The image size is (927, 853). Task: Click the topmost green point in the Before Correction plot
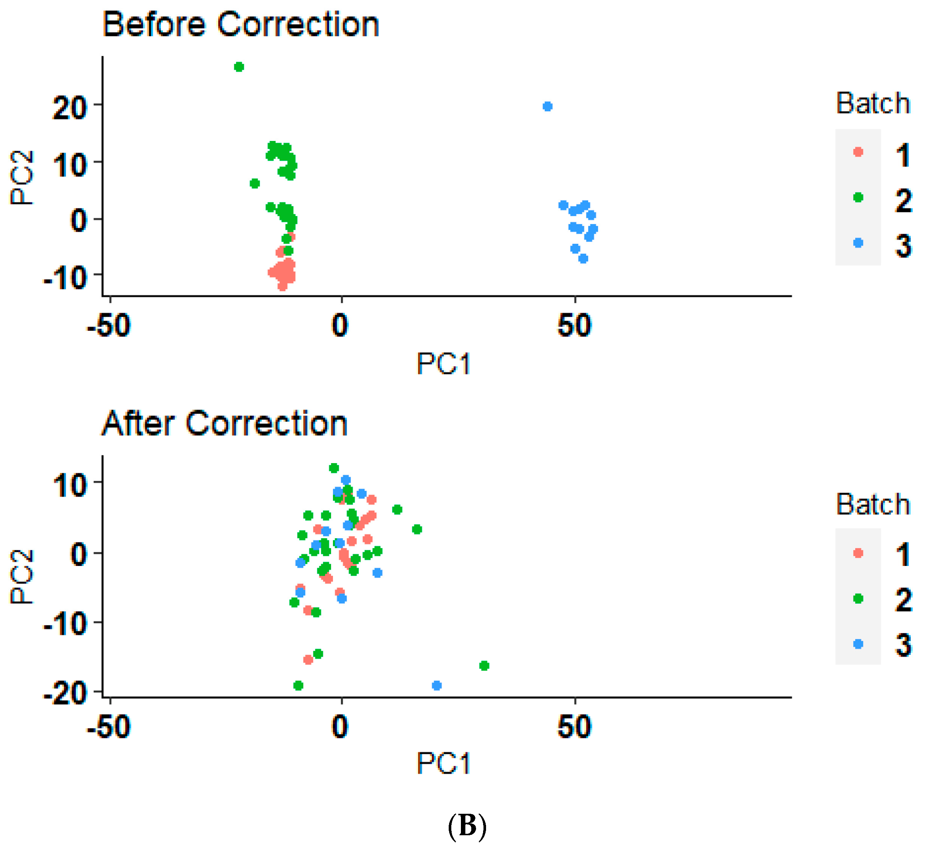tap(239, 67)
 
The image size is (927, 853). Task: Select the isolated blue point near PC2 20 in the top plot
tap(547, 107)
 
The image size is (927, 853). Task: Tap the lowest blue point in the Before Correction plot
tap(583, 259)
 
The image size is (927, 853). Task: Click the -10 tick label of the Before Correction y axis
tap(65, 278)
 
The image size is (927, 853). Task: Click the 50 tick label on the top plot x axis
tap(574, 326)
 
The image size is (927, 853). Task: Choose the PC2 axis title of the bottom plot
tap(22, 577)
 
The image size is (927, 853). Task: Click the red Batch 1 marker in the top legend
tap(858, 152)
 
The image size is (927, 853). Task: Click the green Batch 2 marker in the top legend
tap(858, 198)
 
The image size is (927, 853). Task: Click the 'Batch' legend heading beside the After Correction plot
tap(873, 504)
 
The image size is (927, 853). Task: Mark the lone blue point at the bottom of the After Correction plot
tap(437, 685)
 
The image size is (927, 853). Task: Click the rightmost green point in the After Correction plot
tap(484, 665)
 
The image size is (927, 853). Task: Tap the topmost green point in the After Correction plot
tap(334, 468)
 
